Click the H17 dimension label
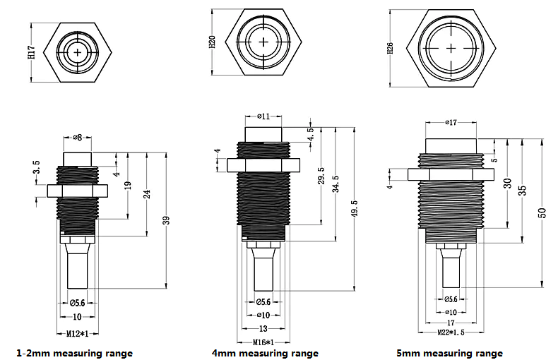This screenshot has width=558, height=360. coord(32,52)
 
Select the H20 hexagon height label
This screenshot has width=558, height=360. coord(212,42)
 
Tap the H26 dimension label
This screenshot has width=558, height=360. coord(390,49)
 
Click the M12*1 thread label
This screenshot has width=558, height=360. coord(76,332)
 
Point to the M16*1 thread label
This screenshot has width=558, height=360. coord(263,342)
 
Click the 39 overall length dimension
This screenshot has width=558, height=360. coord(166,221)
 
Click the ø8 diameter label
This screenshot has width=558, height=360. coord(77,137)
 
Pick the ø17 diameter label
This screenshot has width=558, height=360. coord(452,123)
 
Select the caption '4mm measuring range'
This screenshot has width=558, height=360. coord(265,353)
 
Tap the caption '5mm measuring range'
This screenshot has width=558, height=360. coord(450,353)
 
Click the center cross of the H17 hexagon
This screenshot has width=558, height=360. coord(76,50)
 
